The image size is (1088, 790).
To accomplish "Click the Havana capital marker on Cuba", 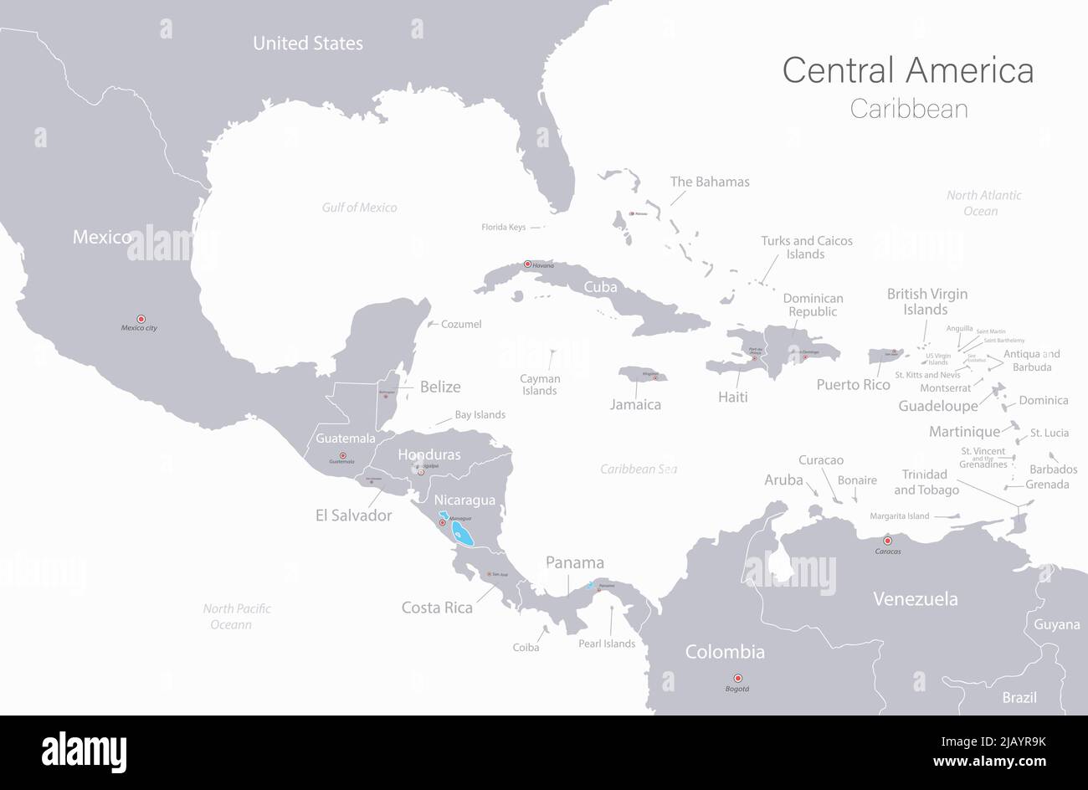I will [527, 264].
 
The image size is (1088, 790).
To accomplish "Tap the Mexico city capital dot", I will [141, 318].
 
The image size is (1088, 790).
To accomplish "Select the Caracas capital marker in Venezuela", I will [887, 541].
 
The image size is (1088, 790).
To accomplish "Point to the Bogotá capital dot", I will [737, 678].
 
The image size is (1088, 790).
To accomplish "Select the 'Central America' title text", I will [907, 70].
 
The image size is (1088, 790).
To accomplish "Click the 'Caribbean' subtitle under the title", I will [908, 109].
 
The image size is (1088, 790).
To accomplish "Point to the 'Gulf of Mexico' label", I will [359, 208].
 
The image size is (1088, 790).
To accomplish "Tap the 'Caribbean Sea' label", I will [639, 469].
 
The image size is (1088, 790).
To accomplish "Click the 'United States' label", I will [308, 44].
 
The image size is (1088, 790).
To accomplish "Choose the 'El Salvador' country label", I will [353, 516].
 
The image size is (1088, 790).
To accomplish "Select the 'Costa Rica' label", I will [437, 608].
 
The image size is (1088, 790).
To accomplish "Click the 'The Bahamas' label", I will [710, 182].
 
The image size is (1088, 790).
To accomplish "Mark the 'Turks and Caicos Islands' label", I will [806, 247].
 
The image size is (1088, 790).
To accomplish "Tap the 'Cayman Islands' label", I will [539, 384].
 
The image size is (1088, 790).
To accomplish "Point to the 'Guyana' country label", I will [1056, 624].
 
